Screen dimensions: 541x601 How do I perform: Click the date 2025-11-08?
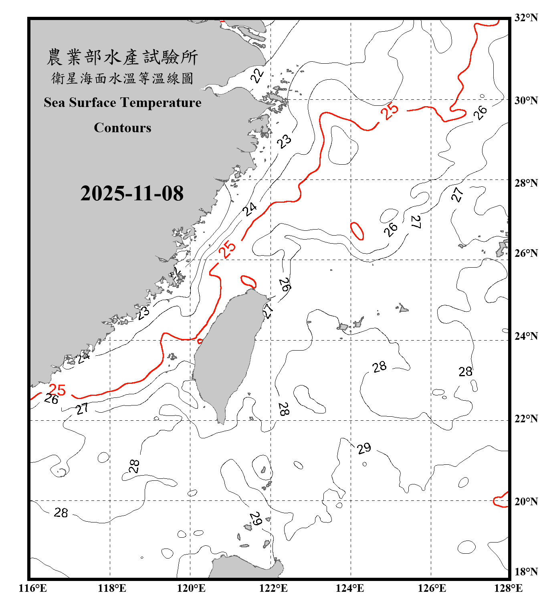coord(132,194)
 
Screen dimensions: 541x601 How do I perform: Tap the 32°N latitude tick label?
coord(526,18)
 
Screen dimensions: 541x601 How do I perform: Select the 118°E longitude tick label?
coord(112,588)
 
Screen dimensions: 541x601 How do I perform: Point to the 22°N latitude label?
coord(526,419)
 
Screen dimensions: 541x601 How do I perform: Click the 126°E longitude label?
coord(432,588)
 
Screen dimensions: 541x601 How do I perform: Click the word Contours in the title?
coord(122,128)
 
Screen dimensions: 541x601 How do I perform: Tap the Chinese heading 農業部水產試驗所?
coord(122,57)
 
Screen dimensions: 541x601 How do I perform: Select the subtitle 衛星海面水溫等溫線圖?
coord(122,78)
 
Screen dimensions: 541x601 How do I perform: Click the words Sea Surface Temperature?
coord(122,103)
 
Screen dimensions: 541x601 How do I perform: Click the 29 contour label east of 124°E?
coord(364,448)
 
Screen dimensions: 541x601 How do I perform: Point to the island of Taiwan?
coord(226,353)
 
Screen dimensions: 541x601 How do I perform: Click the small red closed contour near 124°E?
coord(357,231)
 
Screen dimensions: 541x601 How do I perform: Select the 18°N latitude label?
coord(526,572)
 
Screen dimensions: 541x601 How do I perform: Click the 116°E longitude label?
coord(33,588)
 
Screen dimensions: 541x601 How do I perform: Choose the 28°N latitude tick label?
coord(526,183)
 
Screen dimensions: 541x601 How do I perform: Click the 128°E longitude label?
coord(508,588)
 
